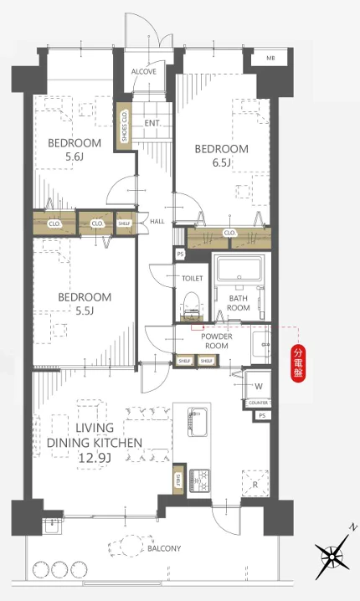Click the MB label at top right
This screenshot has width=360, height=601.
(x=270, y=59)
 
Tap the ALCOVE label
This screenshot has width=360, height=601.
(x=144, y=72)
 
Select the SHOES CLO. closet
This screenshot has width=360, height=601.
(x=124, y=126)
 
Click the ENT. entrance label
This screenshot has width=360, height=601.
(x=152, y=123)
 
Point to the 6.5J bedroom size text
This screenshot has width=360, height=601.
(x=222, y=163)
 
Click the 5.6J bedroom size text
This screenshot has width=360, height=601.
(x=75, y=157)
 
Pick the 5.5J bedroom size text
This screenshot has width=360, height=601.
(x=85, y=311)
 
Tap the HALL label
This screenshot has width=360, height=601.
(x=157, y=221)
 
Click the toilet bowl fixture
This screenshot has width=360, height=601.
(x=191, y=305)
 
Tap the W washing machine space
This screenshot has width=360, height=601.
(x=259, y=386)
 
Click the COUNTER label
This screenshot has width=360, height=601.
(x=258, y=403)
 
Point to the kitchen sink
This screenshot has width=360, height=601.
(x=198, y=422)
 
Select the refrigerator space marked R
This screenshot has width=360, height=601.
(x=255, y=484)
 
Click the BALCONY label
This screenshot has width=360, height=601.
(x=164, y=548)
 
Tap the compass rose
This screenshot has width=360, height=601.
(x=332, y=556)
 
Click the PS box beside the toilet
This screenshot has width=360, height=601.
(x=180, y=254)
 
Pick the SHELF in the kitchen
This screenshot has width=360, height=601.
(x=178, y=479)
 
